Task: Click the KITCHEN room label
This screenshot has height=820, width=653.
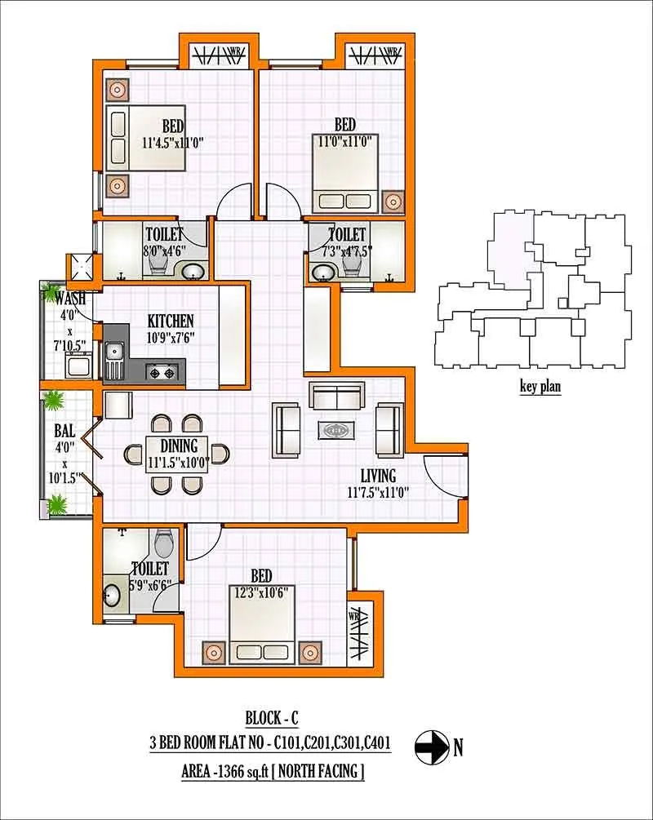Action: pyautogui.click(x=171, y=320)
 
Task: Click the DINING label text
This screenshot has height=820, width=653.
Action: pyautogui.click(x=179, y=445)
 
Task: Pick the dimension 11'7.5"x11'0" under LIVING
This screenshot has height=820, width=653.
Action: pyautogui.click(x=377, y=492)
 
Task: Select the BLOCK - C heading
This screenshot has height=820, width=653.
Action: pyautogui.click(x=272, y=719)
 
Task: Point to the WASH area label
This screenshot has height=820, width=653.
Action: pyautogui.click(x=69, y=298)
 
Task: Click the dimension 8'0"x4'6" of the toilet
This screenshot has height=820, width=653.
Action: pyautogui.click(x=166, y=251)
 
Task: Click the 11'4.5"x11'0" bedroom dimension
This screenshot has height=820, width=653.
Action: pyautogui.click(x=171, y=142)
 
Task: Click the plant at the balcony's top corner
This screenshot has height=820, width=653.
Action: pyautogui.click(x=55, y=401)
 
